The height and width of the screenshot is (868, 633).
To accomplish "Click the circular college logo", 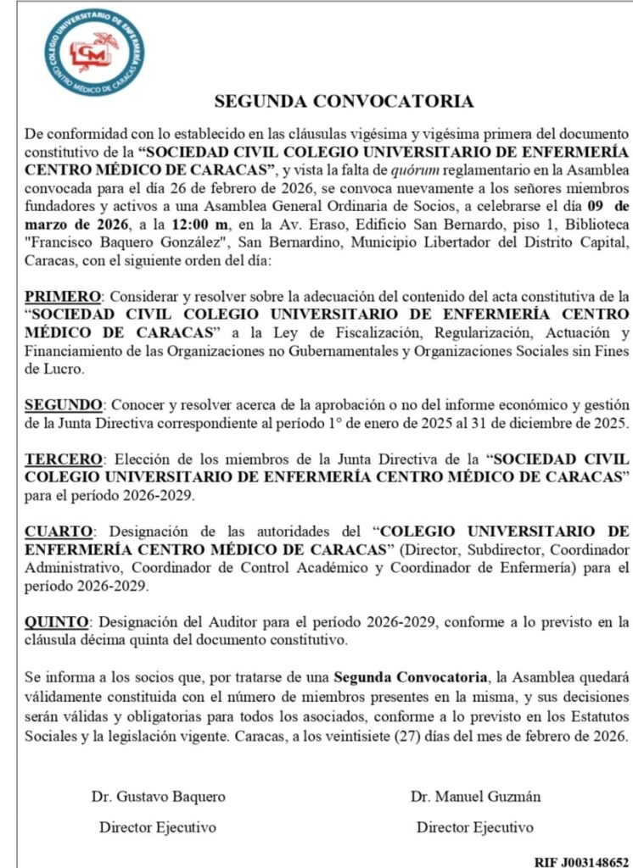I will pos(94,53).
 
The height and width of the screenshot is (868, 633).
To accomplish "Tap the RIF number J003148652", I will pos(581,860).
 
